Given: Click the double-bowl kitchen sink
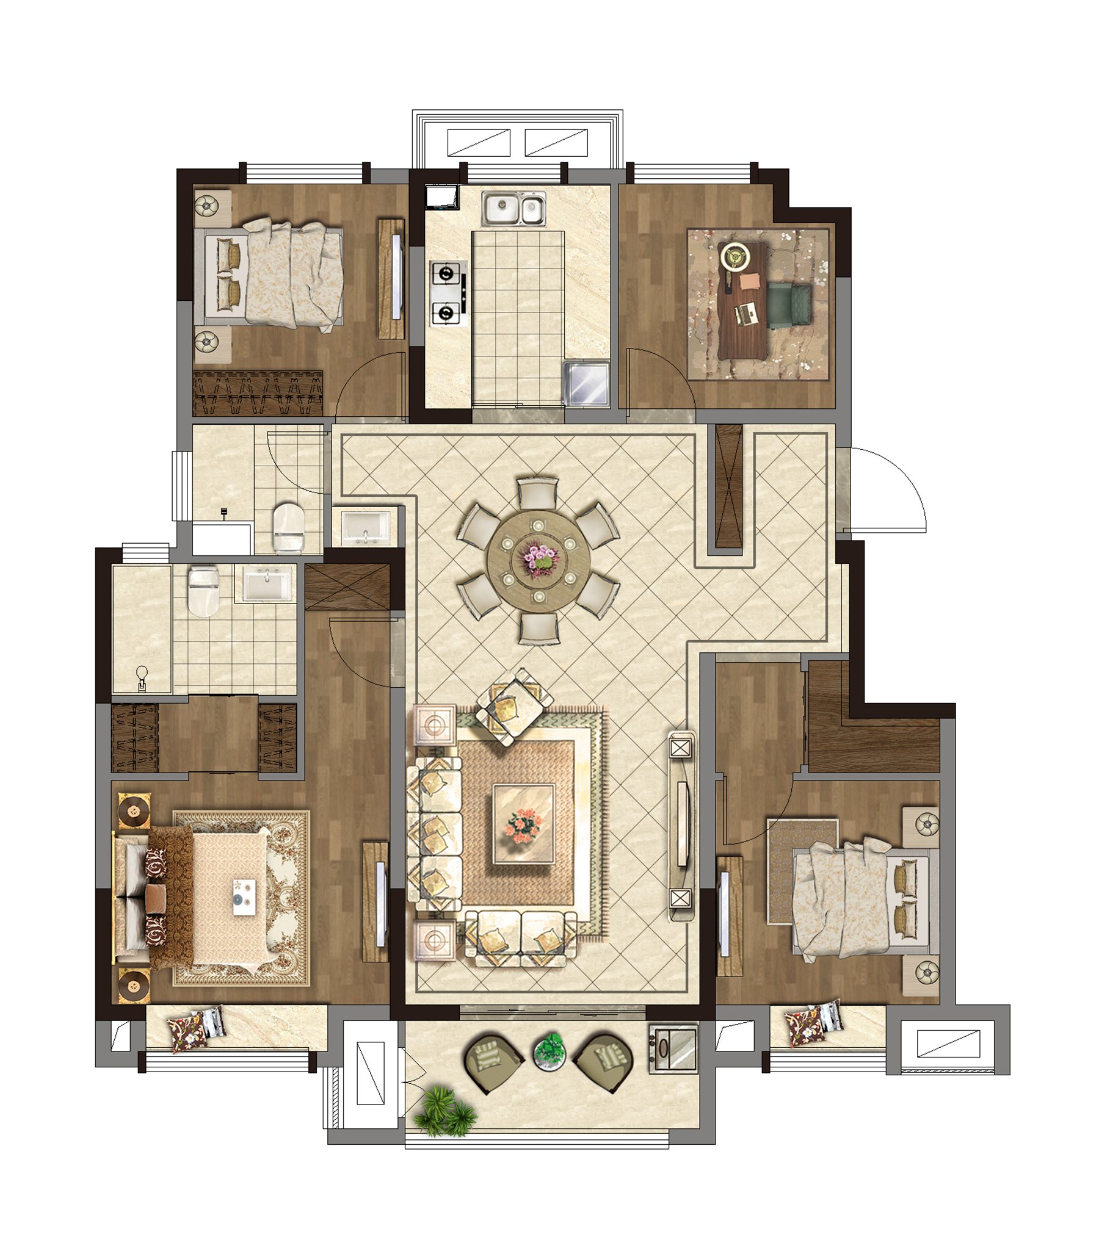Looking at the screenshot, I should (x=513, y=209).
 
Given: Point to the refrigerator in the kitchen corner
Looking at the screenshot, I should (x=586, y=383).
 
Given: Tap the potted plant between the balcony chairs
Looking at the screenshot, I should (x=549, y=1050).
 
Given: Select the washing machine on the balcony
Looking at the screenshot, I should (x=673, y=1048).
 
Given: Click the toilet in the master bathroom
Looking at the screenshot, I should (x=203, y=590).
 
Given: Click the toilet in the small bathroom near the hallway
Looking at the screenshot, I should (x=288, y=528).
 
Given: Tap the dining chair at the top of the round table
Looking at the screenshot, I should (x=537, y=493).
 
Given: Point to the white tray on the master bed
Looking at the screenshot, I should (x=244, y=897).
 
